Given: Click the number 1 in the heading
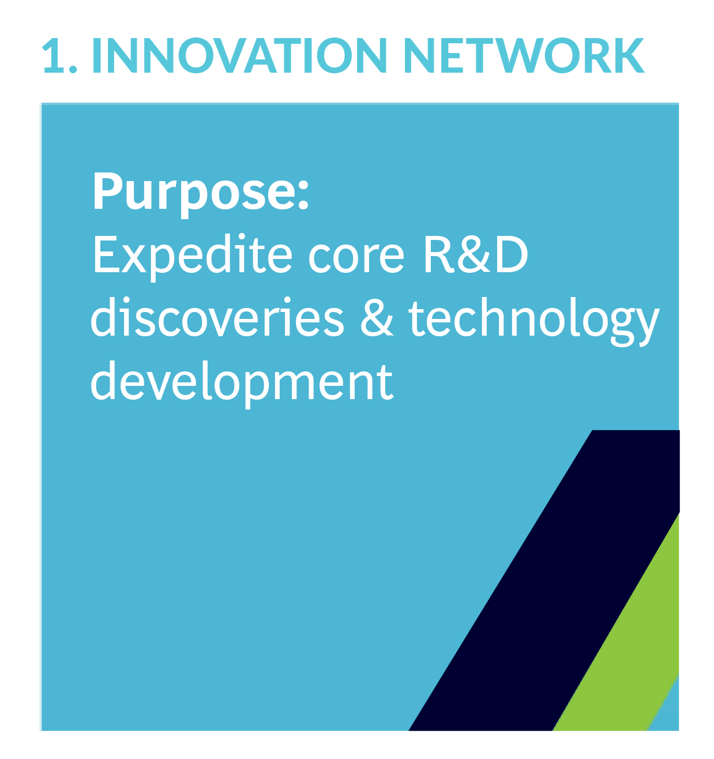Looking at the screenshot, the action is pos(54,55).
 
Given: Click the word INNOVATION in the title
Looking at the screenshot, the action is pos(240,55).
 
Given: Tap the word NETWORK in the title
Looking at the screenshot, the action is pos(524,55).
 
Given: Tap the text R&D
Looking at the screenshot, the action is pos(476,254).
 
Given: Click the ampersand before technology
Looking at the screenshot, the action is pos(377,319).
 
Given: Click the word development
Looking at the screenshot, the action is pos(242,384).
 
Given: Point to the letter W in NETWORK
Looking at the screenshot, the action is pos(521,55).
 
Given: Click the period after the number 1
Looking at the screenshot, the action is pos(73,68).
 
